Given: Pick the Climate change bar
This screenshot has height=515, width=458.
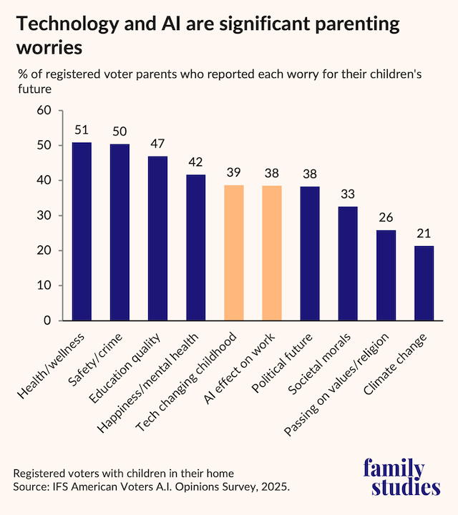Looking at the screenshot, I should click(x=424, y=283).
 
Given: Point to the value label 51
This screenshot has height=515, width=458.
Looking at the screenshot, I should click(x=82, y=131).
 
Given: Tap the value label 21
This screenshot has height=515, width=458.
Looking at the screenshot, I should click(x=424, y=235).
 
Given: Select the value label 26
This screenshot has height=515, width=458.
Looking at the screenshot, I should click(x=386, y=218).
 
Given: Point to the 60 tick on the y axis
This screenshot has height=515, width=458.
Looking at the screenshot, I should click(x=45, y=111).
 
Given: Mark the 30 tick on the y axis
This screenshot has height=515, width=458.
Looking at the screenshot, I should click(x=45, y=216).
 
